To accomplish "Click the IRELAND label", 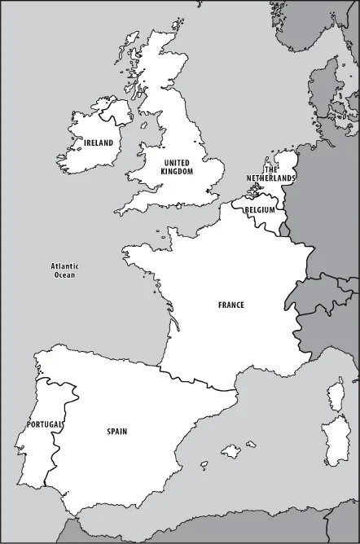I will coord(99,143).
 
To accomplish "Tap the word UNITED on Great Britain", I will coord(177,163).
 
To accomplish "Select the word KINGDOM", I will coord(177,172).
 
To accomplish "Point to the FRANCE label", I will coord(230,305).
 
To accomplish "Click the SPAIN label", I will coord(116,432).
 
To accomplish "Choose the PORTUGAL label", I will coord(44,424).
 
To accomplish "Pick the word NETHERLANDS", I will coord(271,177).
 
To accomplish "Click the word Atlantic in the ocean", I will coord(64,266).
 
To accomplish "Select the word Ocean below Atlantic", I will coord(64,275).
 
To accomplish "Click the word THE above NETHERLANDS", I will coord(271,169).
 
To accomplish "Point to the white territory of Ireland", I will coord(81,155).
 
